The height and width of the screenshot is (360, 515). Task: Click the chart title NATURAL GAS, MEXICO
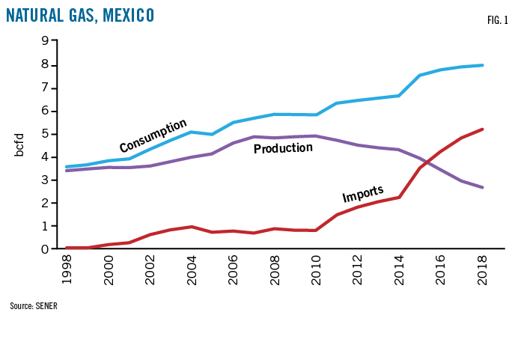(x=81, y=14)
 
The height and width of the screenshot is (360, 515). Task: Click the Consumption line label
(x=153, y=135)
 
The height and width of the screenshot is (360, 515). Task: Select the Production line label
(x=282, y=148)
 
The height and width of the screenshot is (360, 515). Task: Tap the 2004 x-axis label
(x=191, y=270)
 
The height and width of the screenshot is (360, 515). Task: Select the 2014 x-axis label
(x=400, y=270)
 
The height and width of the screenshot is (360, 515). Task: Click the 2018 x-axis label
(x=481, y=270)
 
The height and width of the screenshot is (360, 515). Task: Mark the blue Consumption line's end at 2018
(x=481, y=65)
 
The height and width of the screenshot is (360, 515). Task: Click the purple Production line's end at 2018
(x=481, y=187)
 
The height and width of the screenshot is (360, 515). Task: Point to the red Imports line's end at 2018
(x=481, y=129)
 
